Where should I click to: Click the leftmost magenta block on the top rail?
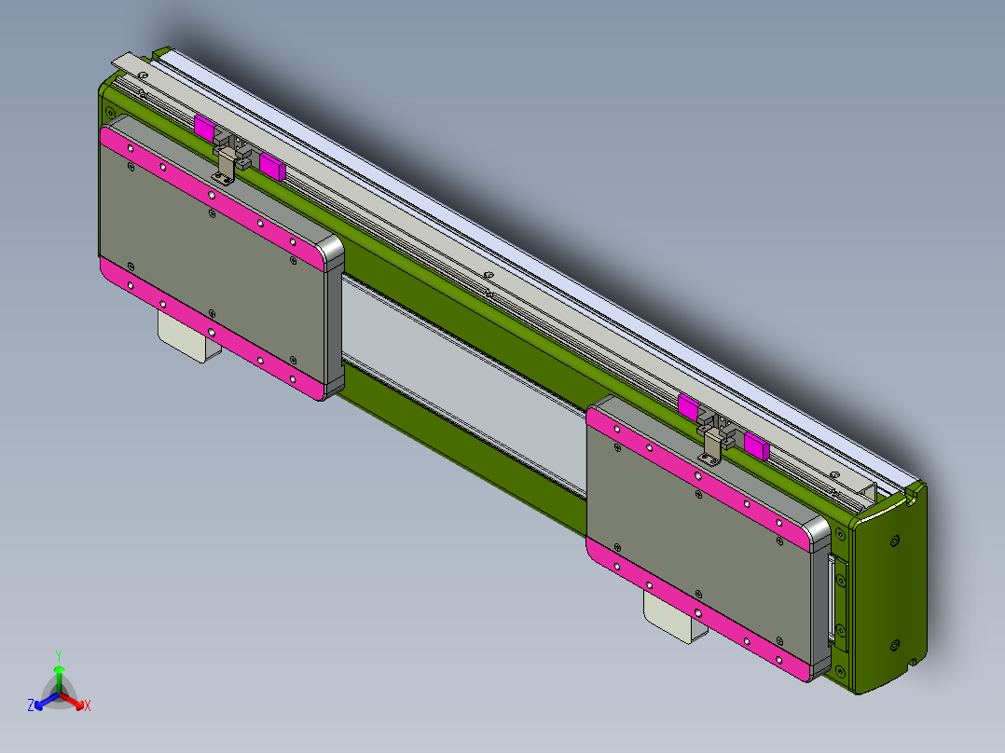[x=204, y=127]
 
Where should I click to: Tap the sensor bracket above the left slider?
[x=227, y=164]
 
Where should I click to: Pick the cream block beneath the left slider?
[x=186, y=337]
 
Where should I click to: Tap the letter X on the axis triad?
[x=88, y=706]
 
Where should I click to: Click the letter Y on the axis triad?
[x=59, y=655]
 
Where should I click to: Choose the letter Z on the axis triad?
[x=31, y=706]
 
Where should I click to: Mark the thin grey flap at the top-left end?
[x=131, y=62]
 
